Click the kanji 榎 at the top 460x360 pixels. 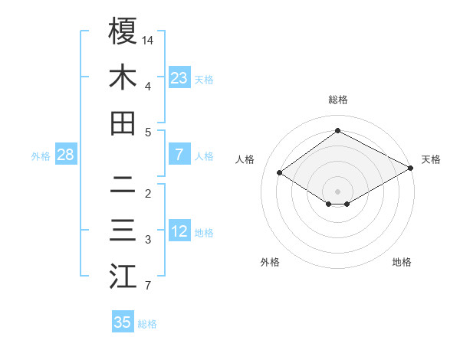(123, 31)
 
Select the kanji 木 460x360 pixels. (123, 77)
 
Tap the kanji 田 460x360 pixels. (123, 123)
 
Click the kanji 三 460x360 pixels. (123, 231)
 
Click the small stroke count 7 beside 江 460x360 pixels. (147, 286)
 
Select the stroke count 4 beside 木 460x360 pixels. (147, 86)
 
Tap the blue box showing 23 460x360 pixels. (179, 77)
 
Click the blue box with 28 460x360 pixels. (65, 155)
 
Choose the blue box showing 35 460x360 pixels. (123, 322)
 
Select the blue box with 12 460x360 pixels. (179, 231)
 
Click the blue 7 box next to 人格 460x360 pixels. (179, 155)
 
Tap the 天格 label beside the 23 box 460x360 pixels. (204, 79)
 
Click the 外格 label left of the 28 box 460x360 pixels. (41, 156)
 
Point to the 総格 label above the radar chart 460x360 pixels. (338, 100)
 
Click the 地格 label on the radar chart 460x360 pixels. (402, 262)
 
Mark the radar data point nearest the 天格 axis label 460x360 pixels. (411, 169)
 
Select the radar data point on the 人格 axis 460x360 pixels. (280, 173)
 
